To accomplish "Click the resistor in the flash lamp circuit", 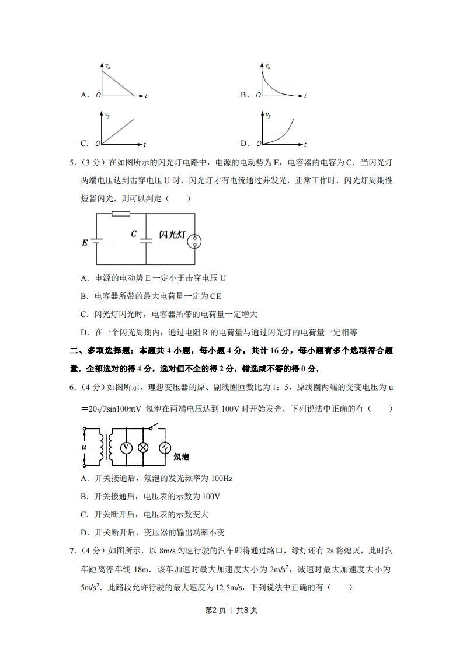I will coord(120,214).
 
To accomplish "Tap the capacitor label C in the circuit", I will coord(134,234).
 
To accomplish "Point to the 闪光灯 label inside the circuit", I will coord(172,235).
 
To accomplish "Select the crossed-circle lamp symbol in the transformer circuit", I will coord(143,447).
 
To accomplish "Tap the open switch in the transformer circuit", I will coord(154,428).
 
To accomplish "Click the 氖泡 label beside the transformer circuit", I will coord(181,457).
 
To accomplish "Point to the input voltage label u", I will coord(85,447).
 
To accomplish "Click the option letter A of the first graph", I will coord(85,95).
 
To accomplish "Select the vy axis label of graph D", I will coord(268,116).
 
